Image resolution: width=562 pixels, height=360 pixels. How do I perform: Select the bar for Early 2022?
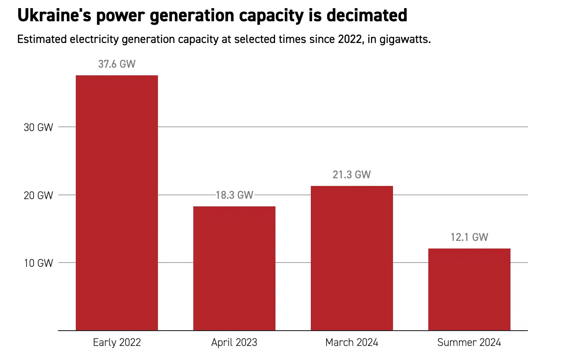[117, 203]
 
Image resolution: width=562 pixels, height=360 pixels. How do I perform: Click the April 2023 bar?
[234, 268]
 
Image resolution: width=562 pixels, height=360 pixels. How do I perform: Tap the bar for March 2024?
[352, 258]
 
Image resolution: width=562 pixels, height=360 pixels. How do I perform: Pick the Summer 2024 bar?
[469, 289]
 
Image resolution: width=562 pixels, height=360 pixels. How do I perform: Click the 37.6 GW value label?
[117, 64]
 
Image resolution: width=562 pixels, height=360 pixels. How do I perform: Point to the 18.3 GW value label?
[234, 195]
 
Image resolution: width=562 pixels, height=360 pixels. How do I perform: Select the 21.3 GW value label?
[352, 175]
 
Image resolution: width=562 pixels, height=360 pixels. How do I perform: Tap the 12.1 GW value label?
[469, 237]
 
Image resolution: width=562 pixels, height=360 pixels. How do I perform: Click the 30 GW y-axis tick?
[38, 127]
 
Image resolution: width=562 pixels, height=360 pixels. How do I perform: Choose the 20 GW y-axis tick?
[38, 195]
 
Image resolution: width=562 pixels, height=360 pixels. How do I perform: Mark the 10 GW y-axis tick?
[38, 263]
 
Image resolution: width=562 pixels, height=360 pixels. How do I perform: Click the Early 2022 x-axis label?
[117, 343]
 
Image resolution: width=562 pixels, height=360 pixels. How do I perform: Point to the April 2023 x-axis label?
[234, 343]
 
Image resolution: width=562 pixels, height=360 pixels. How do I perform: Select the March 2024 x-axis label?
[352, 343]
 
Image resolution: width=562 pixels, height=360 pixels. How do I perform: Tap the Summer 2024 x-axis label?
[469, 343]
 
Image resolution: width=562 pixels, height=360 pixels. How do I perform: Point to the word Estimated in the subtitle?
[41, 40]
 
